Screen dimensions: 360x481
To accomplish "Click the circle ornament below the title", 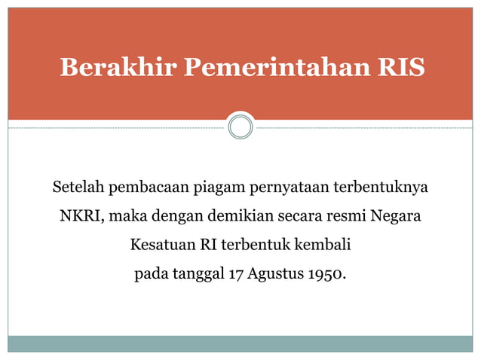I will (240, 127).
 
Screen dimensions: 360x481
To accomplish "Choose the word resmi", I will (348, 217).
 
